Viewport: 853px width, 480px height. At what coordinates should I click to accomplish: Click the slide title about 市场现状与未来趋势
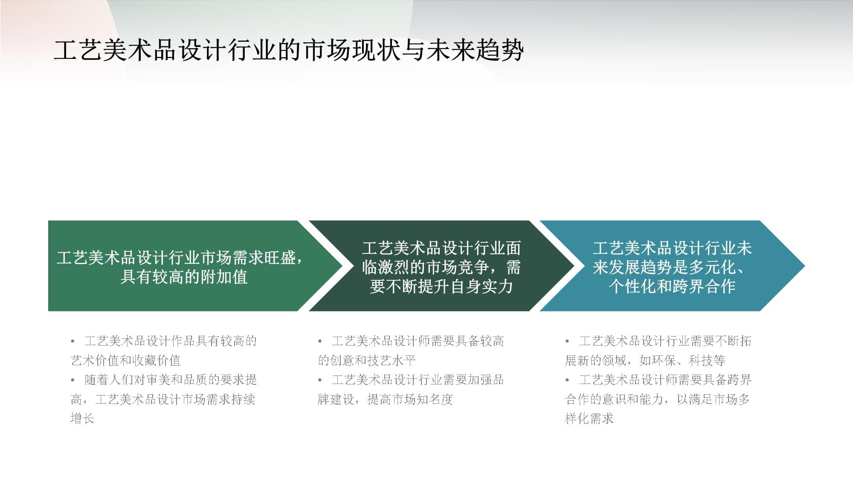[289, 50]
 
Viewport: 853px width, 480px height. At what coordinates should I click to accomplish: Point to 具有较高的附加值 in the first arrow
[184, 277]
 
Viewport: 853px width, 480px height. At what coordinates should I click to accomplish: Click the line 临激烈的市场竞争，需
[441, 268]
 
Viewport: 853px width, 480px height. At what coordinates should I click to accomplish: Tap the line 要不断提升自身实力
[441, 286]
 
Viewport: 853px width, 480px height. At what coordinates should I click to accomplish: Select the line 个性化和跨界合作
[672, 286]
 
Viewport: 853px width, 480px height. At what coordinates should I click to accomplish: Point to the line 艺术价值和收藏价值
[126, 361]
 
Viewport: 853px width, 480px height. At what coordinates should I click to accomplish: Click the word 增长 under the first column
[82, 419]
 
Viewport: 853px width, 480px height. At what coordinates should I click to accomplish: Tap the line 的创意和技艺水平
[367, 361]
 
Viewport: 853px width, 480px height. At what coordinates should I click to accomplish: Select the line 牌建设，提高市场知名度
[385, 399]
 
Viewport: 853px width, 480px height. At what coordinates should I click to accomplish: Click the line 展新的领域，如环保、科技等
[645, 361]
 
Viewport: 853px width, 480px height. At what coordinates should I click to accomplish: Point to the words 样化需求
[589, 419]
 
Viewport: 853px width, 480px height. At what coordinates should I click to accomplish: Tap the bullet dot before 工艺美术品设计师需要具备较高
[320, 341]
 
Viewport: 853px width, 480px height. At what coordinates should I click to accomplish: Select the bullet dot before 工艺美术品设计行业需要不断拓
[567, 341]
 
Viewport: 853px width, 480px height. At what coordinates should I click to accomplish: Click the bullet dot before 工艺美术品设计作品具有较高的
[73, 341]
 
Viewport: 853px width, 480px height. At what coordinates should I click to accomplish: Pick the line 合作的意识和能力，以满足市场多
[657, 399]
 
